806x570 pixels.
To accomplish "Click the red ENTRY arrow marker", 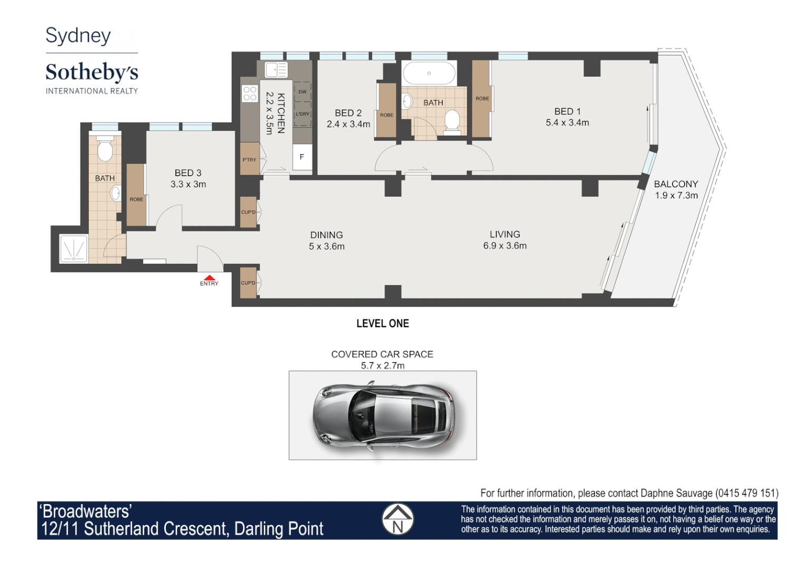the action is click(x=210, y=278).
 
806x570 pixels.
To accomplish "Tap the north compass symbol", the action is click(x=397, y=519).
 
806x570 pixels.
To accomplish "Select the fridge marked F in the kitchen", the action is click(x=302, y=157).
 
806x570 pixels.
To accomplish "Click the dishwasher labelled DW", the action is click(x=302, y=92).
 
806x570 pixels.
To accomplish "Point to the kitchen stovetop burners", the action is click(x=250, y=93).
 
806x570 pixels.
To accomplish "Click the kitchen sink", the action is click(x=276, y=70).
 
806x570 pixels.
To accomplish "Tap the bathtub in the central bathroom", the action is click(x=429, y=73).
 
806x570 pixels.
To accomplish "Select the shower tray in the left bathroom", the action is click(x=74, y=249).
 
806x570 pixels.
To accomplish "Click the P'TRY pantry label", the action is click(x=249, y=160).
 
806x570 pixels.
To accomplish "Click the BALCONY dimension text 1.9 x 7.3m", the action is click(x=676, y=195).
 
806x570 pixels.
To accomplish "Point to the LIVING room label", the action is click(x=505, y=234).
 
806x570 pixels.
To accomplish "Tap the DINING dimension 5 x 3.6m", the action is click(x=326, y=246).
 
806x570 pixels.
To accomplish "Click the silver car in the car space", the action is click(x=383, y=416).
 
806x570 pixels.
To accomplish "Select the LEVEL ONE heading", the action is click(x=383, y=324).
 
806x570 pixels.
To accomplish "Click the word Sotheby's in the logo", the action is click(x=92, y=72).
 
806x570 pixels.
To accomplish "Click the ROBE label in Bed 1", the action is click(x=482, y=99).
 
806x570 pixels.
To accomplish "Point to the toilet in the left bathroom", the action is click(x=105, y=148).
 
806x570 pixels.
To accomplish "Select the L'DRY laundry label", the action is click(x=302, y=114).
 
